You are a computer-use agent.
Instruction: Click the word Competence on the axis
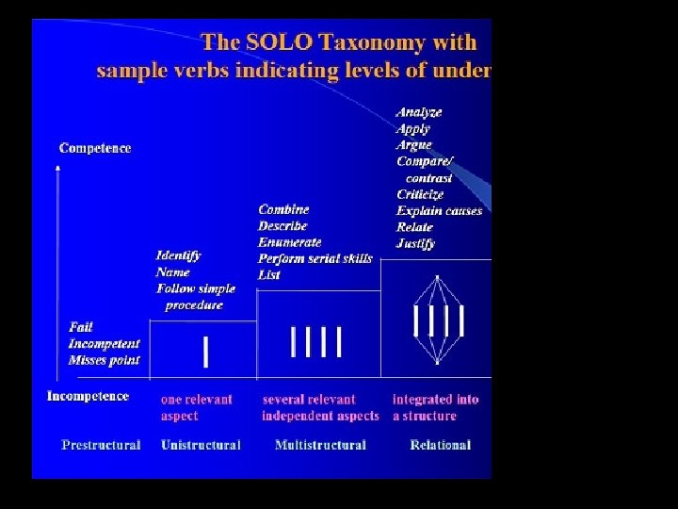point(95,148)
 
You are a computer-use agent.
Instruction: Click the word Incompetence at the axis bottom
point(88,396)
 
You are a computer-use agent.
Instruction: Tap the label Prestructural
point(101,445)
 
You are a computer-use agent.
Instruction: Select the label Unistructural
point(201,445)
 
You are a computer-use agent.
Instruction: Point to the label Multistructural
point(320,445)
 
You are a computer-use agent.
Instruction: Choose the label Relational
point(440,445)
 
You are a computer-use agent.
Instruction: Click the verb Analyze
point(419,112)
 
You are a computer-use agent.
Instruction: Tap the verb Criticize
point(420,194)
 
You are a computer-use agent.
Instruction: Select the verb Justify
point(415,243)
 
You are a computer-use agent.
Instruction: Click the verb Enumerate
point(290,242)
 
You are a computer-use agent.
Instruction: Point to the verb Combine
point(283,209)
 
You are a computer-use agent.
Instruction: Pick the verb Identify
point(179,255)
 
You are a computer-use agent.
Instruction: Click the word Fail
point(81,327)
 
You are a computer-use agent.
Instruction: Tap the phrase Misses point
point(104,360)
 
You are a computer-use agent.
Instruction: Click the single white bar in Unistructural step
point(206,352)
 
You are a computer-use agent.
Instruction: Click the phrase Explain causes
point(439,210)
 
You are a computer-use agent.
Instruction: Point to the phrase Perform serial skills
point(315,258)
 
